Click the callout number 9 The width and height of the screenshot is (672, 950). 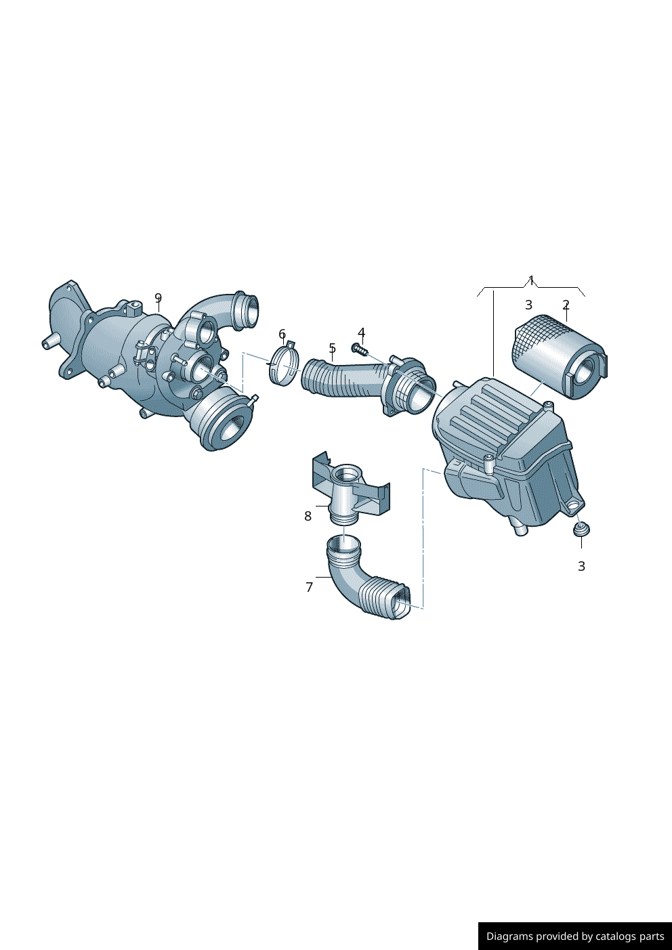[x=158, y=298]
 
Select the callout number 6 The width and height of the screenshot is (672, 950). [x=282, y=334]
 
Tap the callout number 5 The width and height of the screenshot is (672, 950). [x=332, y=348]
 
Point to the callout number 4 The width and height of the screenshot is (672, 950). [x=361, y=332]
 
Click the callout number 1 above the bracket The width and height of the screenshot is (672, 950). [x=531, y=280]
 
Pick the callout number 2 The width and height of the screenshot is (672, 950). [x=566, y=305]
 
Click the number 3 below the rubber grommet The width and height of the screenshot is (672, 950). [x=581, y=566]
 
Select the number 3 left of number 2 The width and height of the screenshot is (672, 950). [x=528, y=305]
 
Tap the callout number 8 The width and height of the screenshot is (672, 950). [x=308, y=516]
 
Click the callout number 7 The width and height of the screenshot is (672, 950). [x=309, y=587]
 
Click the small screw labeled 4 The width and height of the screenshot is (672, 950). [x=358, y=349]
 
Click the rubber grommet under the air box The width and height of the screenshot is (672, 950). [x=581, y=528]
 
